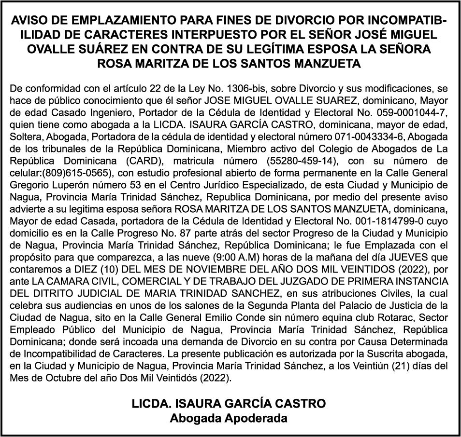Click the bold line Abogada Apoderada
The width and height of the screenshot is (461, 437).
coord(229,418)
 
